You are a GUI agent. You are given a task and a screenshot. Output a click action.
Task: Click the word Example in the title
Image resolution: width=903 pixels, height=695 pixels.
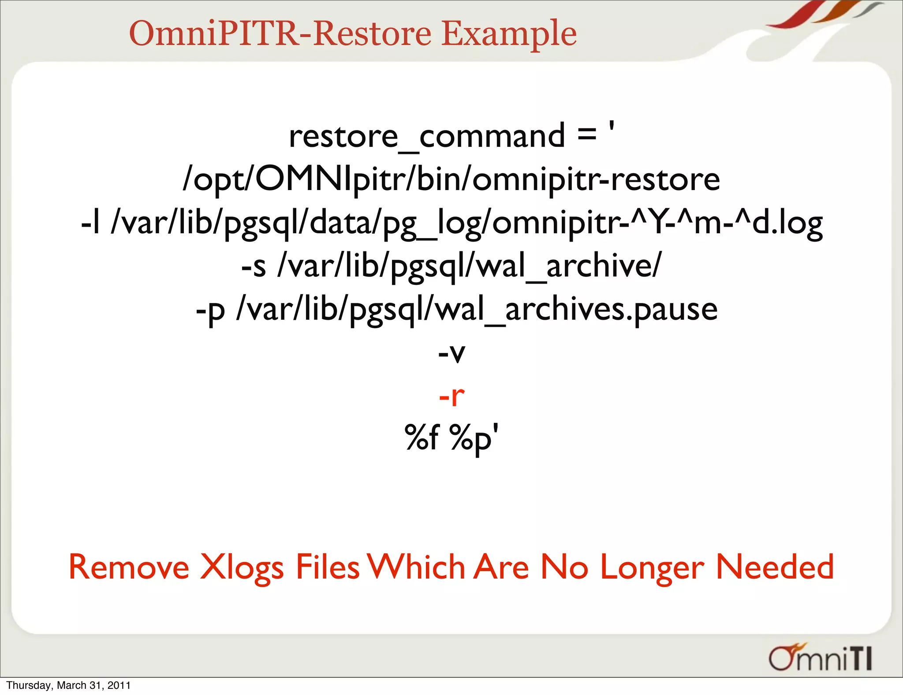509,34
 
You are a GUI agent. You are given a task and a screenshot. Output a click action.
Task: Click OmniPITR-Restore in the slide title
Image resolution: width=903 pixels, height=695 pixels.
280,34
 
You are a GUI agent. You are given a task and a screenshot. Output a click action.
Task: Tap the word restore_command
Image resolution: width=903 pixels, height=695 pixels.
427,136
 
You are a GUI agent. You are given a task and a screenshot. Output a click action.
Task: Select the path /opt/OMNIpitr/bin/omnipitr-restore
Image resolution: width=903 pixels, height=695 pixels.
451,179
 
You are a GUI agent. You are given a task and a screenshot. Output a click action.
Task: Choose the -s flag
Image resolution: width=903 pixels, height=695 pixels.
254,266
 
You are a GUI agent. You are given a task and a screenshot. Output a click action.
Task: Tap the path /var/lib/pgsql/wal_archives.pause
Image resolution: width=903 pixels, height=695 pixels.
477,309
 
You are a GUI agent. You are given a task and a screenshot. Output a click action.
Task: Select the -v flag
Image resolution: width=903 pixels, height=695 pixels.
451,353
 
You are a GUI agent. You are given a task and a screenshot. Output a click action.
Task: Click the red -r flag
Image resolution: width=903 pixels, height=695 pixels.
451,396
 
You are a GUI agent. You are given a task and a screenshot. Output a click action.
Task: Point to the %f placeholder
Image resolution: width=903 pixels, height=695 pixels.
422,437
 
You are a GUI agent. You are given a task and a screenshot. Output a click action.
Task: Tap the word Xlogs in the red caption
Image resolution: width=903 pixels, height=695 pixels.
242,568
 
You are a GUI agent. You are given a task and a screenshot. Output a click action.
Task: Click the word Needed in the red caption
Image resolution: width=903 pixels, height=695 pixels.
774,567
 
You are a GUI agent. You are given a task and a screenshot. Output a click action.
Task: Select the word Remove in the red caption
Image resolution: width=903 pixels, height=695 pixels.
129,567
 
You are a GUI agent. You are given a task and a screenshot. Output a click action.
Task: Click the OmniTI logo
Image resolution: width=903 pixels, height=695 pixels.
820,658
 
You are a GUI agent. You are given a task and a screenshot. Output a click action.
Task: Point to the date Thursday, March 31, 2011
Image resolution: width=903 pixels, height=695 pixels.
68,685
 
